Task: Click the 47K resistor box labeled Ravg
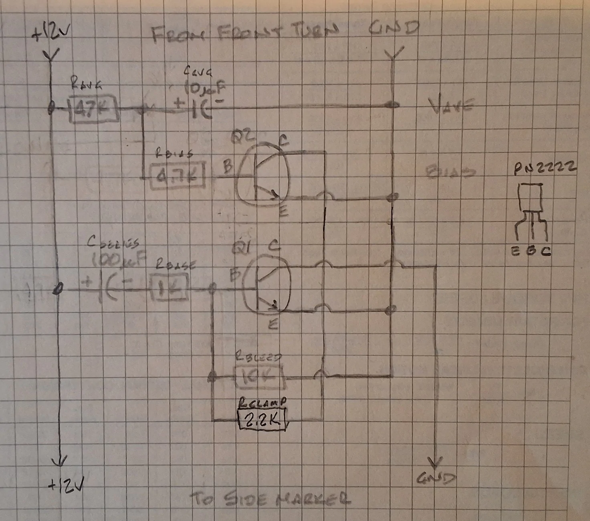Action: click(x=94, y=109)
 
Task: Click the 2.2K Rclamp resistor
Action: click(x=263, y=419)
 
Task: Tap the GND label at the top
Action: click(x=394, y=28)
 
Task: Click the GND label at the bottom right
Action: click(x=436, y=478)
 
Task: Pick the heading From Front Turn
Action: click(x=245, y=33)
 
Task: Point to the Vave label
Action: click(x=451, y=106)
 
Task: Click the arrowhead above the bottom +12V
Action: click(x=59, y=461)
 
